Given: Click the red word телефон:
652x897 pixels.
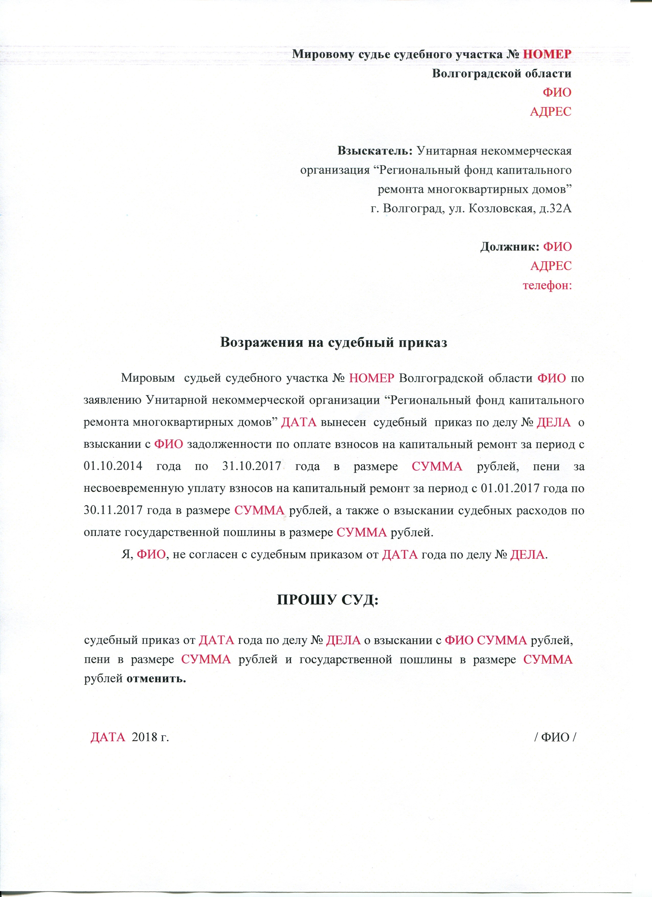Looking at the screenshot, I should coord(547,285).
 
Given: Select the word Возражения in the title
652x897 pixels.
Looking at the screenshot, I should coord(262,342).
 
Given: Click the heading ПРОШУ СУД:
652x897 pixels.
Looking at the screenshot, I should coord(328,600).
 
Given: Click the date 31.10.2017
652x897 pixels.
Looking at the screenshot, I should coord(251,466).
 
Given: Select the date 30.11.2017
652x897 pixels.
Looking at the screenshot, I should coord(113,510).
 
